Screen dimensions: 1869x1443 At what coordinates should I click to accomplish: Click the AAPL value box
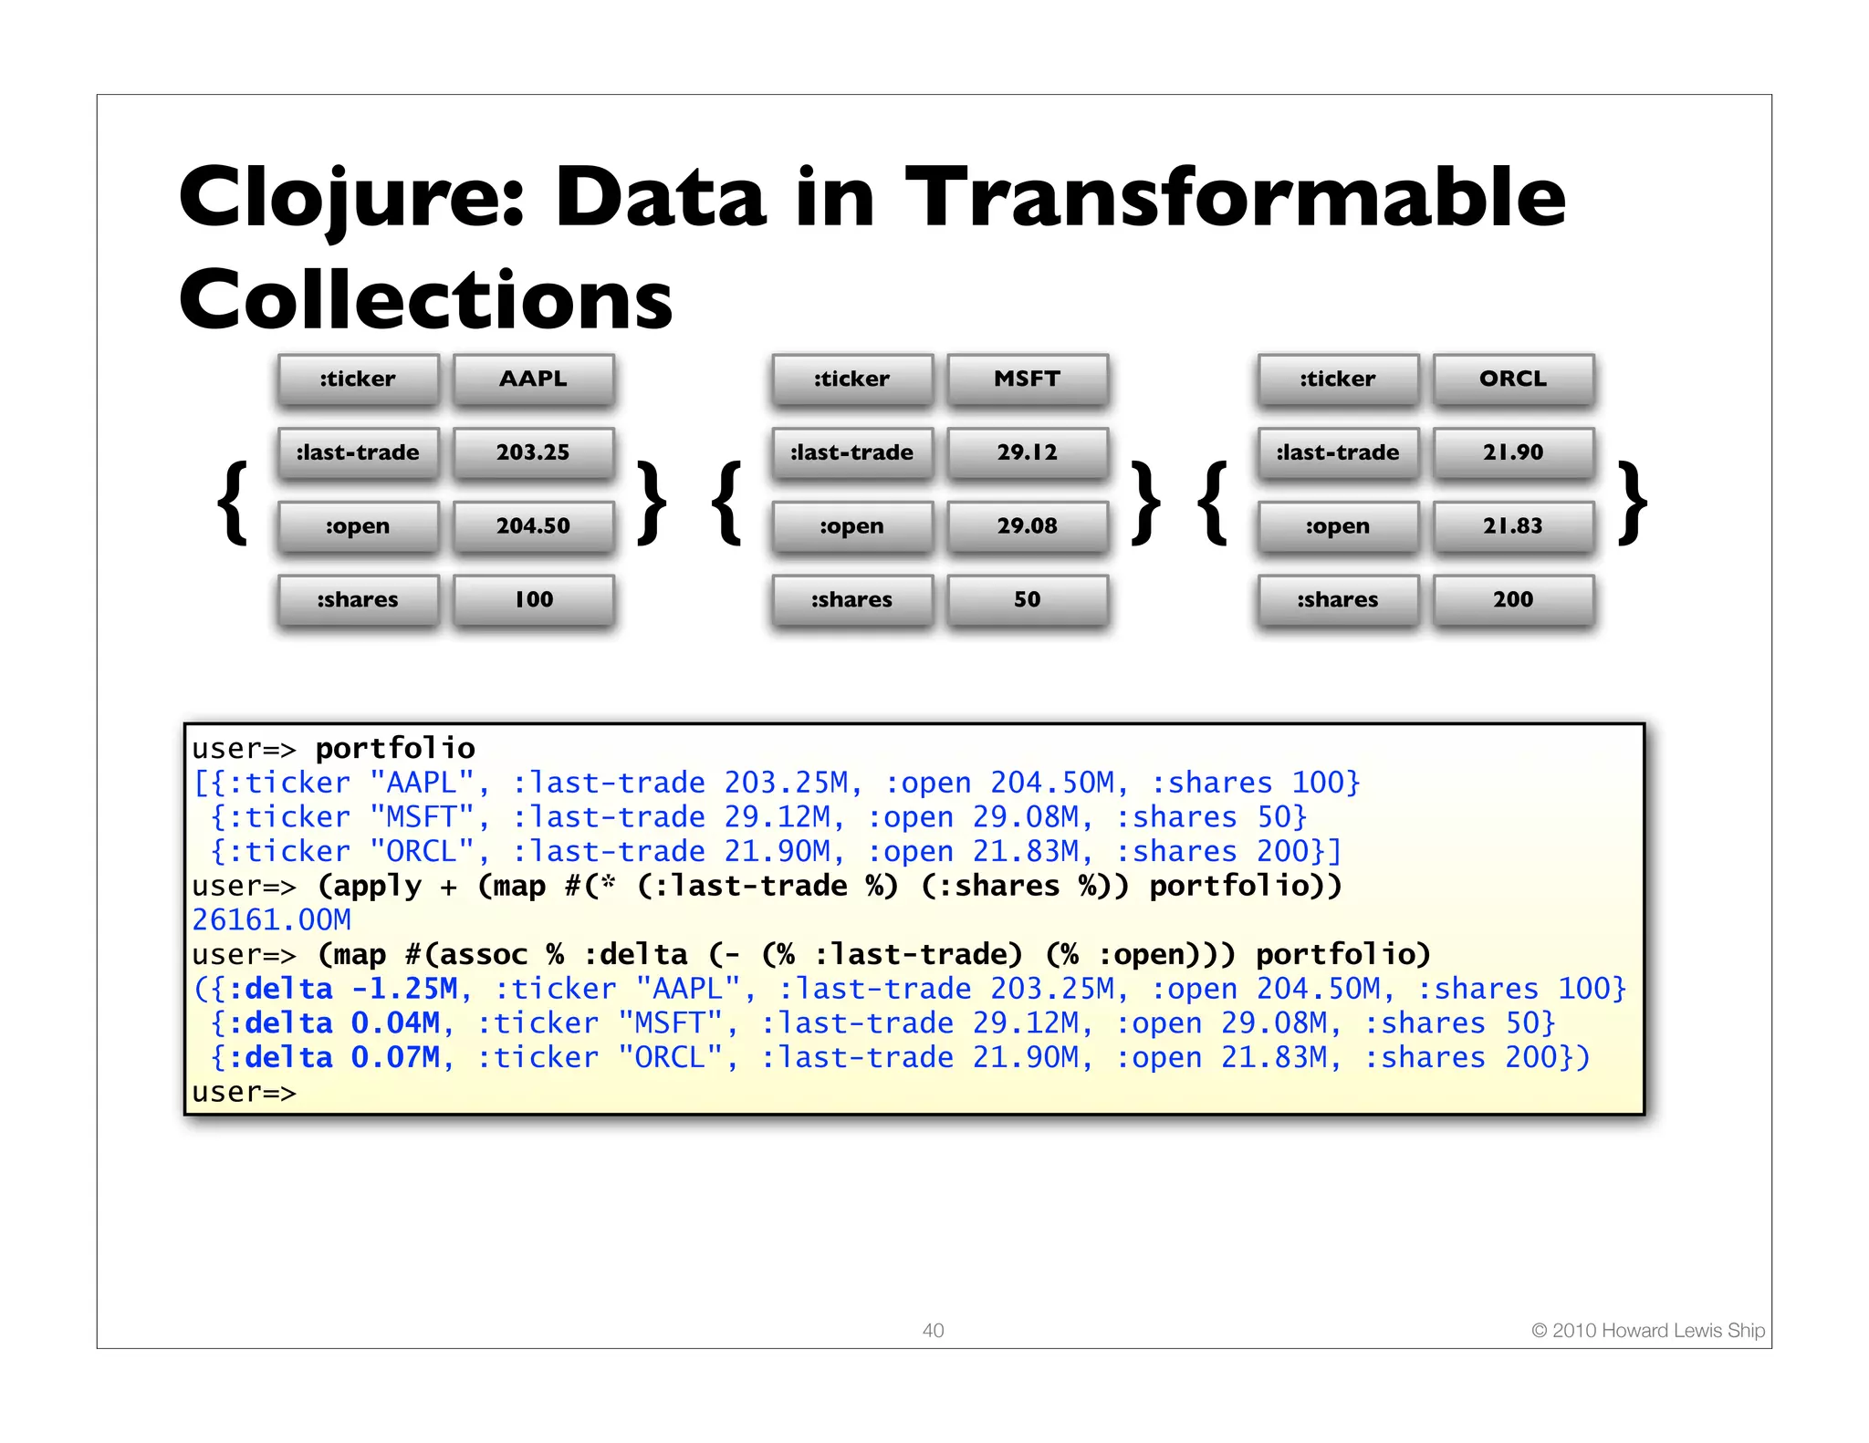[x=533, y=379]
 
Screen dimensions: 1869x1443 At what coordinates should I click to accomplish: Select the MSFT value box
[x=1027, y=379]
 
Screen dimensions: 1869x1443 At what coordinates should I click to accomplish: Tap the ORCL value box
[x=1513, y=379]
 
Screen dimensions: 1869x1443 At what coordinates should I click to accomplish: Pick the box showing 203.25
[x=533, y=452]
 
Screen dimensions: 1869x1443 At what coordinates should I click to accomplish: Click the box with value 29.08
[x=1027, y=526]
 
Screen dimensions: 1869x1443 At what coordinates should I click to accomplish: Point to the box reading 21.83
[x=1513, y=526]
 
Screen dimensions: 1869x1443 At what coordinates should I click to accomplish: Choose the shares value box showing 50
[x=1027, y=599]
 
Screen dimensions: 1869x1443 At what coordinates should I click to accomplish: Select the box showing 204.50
[x=533, y=526]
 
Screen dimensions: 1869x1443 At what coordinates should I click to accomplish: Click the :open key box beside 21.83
[x=1338, y=526]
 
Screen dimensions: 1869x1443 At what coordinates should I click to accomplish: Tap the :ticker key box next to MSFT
[x=851, y=379]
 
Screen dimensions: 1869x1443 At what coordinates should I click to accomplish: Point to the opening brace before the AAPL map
[x=234, y=503]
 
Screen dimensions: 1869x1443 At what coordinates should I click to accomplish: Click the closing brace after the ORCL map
[x=1632, y=503]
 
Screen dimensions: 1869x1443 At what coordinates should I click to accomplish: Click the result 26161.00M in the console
[x=271, y=920]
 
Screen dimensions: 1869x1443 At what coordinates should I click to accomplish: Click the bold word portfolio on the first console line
[x=395, y=749]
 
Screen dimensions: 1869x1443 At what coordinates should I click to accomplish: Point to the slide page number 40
[x=933, y=1330]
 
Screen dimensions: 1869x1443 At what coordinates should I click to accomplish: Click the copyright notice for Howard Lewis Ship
[x=1647, y=1330]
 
